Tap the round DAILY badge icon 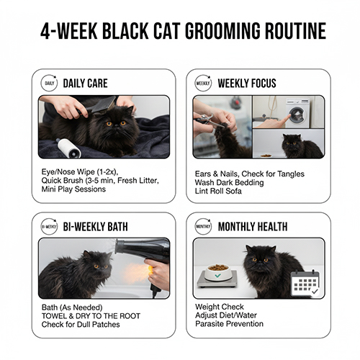(x=49, y=83)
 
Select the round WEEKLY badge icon (x=203, y=84)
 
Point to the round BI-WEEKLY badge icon (x=49, y=226)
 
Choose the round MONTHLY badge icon (x=203, y=227)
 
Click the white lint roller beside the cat (x=71, y=148)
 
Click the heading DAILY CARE (x=86, y=83)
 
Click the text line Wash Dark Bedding (x=230, y=184)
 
